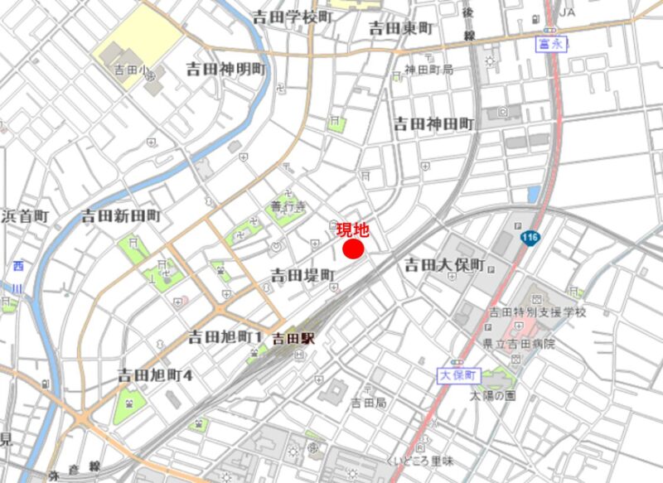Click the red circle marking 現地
pyautogui.click(x=355, y=249)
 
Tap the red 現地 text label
pyautogui.click(x=352, y=229)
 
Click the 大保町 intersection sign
pyautogui.click(x=457, y=375)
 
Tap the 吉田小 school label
pyautogui.click(x=129, y=71)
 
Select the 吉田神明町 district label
pyautogui.click(x=225, y=69)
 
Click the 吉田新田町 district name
pyautogui.click(x=121, y=216)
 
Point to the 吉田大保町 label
pyautogui.click(x=444, y=266)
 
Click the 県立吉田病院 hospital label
pyautogui.click(x=521, y=344)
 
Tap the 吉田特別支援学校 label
pyautogui.click(x=537, y=312)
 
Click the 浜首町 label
pyautogui.click(x=25, y=216)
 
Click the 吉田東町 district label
pyautogui.click(x=400, y=28)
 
